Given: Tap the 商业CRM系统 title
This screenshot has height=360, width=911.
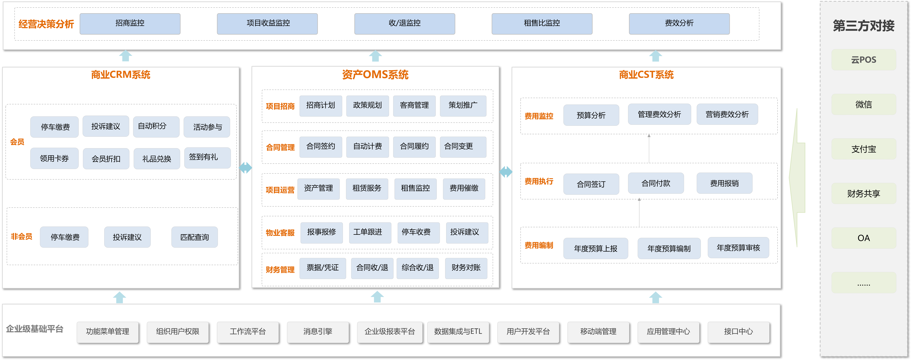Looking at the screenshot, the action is coord(121,75).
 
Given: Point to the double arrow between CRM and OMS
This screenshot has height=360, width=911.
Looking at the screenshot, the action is coord(245,168).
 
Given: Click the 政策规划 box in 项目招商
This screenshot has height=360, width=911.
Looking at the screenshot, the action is coord(367,106).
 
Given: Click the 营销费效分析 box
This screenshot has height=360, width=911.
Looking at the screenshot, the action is coord(727,114).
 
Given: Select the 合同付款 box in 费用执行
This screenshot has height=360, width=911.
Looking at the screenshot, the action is coord(656,183).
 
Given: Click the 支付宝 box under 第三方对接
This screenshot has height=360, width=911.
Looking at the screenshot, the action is coord(864,149).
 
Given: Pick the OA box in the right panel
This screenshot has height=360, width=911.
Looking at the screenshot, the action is coord(864,238).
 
